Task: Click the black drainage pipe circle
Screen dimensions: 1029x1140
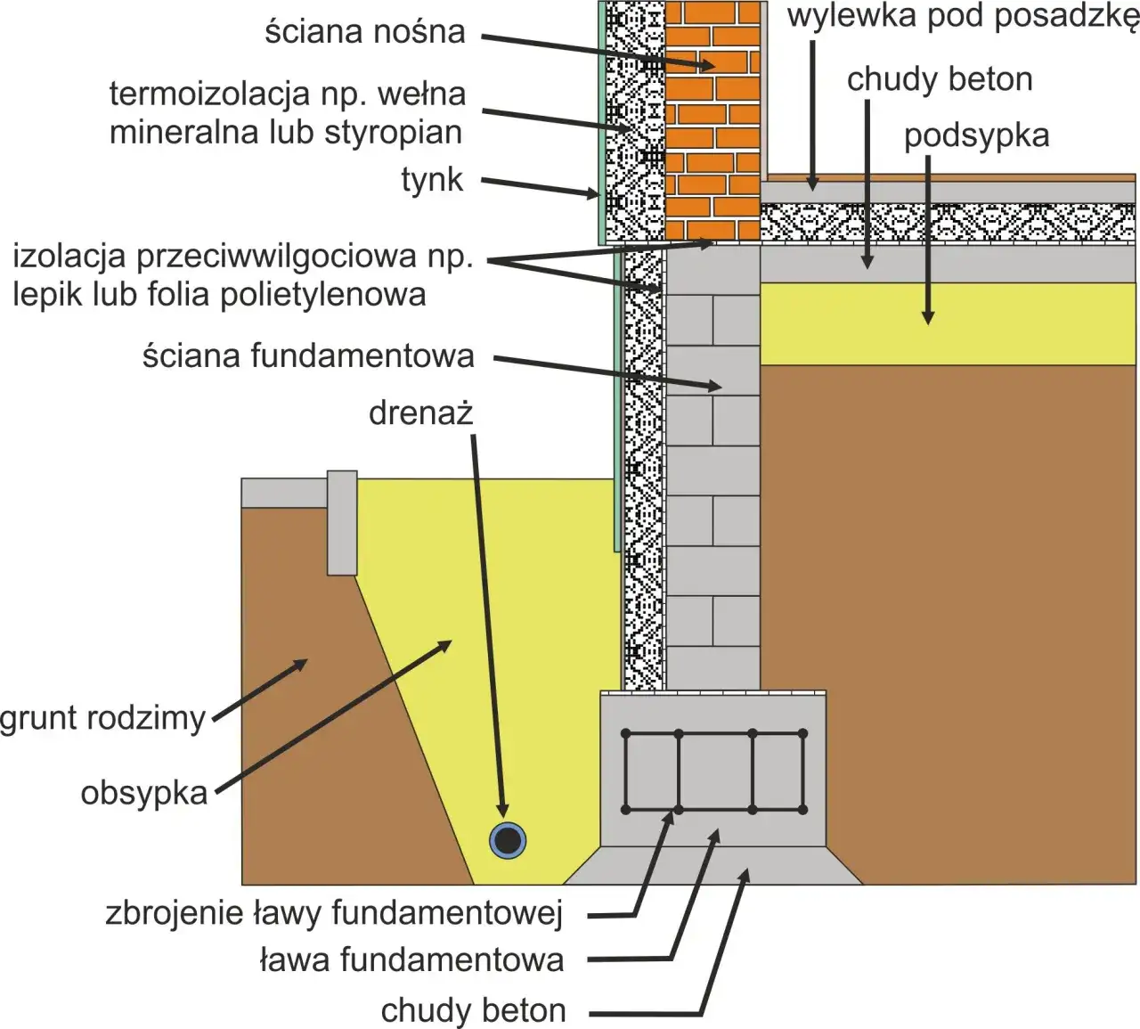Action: pos(508,840)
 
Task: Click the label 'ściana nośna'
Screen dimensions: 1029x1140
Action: pos(365,32)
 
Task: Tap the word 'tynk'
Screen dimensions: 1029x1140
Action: pos(432,180)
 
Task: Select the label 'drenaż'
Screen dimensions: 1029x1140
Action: pos(420,413)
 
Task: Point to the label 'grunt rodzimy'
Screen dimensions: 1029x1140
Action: pos(102,718)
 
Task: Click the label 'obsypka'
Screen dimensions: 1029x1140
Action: pos(143,793)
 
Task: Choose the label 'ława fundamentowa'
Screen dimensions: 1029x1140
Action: pos(411,960)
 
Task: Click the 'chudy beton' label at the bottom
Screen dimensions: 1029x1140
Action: pos(473,1011)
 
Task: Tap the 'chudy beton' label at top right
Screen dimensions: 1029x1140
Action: pos(940,80)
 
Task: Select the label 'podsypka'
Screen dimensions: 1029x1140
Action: pos(976,136)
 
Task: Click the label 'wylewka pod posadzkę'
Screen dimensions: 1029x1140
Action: pos(962,17)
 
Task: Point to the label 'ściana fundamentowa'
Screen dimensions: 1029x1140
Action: pos(308,356)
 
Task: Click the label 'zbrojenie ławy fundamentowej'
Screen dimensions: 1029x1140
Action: pos(334,913)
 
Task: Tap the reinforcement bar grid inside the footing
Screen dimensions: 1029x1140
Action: pos(714,772)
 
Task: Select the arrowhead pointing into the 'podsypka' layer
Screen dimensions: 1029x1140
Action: pos(927,318)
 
